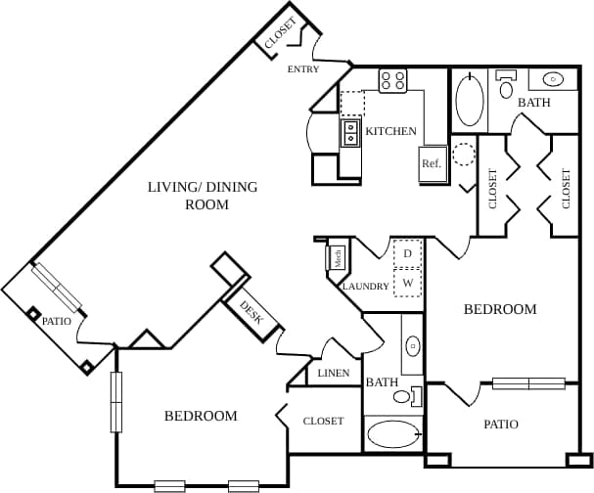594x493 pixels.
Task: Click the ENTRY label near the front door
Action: pyautogui.click(x=302, y=70)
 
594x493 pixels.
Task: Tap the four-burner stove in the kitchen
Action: pyautogui.click(x=393, y=81)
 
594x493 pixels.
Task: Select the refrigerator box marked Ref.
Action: pyautogui.click(x=432, y=163)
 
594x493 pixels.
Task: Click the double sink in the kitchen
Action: pyautogui.click(x=350, y=132)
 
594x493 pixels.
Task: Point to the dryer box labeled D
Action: pyautogui.click(x=408, y=253)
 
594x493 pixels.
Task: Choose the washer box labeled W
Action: pyautogui.click(x=408, y=284)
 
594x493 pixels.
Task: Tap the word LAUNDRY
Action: pyautogui.click(x=366, y=287)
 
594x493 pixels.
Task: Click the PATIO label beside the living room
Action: pyautogui.click(x=57, y=320)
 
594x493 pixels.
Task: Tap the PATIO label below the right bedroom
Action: pyautogui.click(x=500, y=425)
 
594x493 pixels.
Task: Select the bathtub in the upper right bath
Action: pyautogui.click(x=470, y=99)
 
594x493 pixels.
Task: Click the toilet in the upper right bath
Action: pyautogui.click(x=506, y=87)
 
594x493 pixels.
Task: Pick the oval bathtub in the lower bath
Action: pyautogui.click(x=391, y=433)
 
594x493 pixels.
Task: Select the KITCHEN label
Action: pyautogui.click(x=391, y=131)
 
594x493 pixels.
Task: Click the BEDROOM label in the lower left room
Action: pyautogui.click(x=201, y=416)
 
